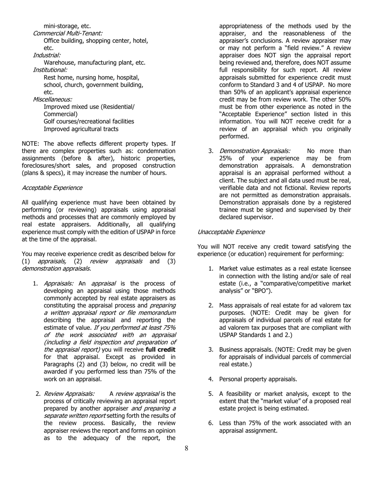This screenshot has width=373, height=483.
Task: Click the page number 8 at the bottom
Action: point(186,448)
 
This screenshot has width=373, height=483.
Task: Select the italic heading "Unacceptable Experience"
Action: point(231,232)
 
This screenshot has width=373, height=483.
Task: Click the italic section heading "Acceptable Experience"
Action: point(52,188)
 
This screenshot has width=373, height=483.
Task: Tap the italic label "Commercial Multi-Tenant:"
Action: point(68,33)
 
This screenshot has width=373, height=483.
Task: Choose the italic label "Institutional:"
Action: point(50,70)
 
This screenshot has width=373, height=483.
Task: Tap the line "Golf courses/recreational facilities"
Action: point(89,122)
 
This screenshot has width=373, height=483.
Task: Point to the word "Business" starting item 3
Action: point(232,349)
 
